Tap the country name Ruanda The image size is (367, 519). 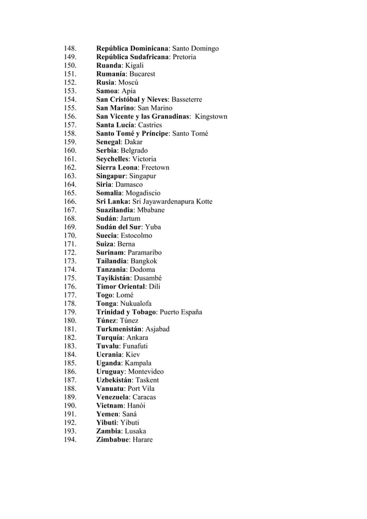109,66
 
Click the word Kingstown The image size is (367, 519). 211,116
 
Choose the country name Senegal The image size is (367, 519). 111,142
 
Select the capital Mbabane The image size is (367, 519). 151,210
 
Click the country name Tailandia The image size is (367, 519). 112,261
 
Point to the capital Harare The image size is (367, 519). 143,440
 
